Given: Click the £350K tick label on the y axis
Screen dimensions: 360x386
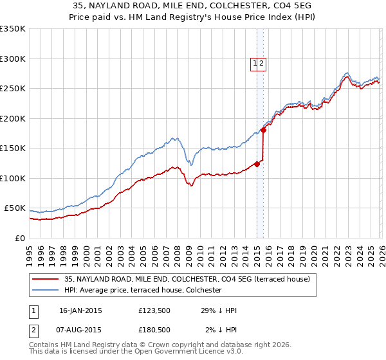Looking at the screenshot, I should point(13,29).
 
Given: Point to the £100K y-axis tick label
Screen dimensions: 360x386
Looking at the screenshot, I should point(13,178).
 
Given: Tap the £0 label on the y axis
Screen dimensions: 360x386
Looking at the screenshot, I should point(20,238).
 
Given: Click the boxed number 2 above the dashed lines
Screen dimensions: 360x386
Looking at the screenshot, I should point(262,63).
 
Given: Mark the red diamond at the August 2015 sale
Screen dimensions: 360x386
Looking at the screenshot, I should point(263,130).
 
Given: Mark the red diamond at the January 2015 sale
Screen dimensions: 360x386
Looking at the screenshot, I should point(257,164).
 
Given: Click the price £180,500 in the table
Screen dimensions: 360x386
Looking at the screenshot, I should point(154,330).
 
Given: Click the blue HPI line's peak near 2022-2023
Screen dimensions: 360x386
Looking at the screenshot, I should point(347,73).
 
